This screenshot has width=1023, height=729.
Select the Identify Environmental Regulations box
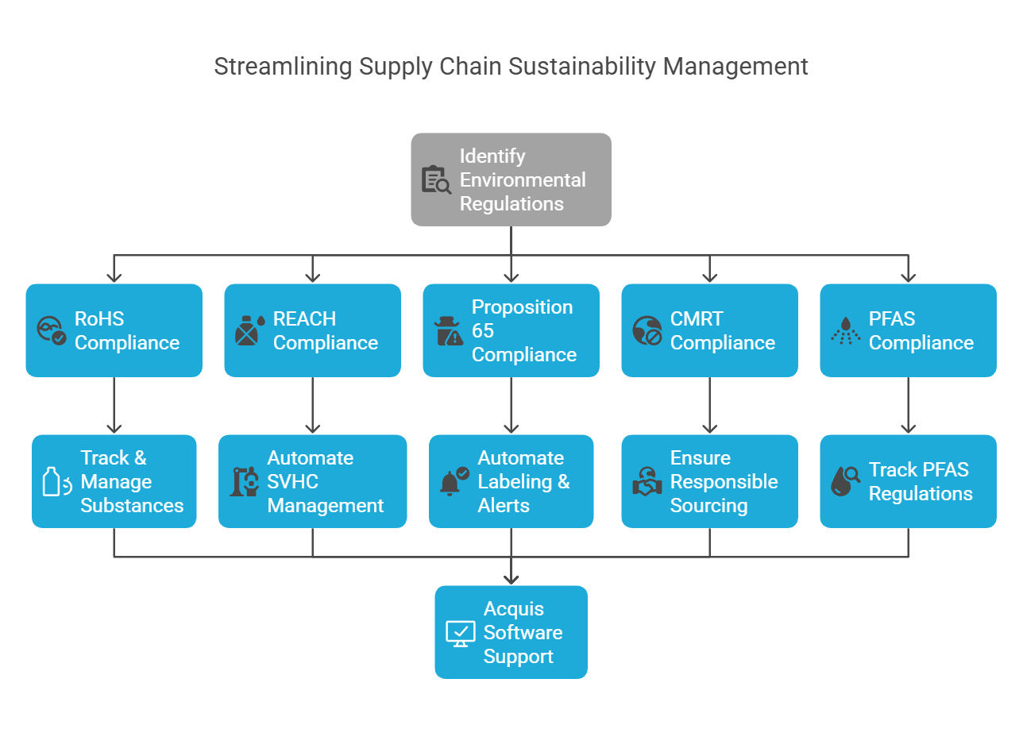[511, 179]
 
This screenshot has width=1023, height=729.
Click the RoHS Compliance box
[114, 330]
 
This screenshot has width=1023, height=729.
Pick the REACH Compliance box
[312, 330]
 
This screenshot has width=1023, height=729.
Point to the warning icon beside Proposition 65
[448, 331]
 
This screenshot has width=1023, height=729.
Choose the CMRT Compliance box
[709, 330]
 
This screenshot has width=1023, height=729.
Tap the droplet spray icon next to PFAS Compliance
[845, 331]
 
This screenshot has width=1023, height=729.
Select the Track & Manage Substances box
[114, 481]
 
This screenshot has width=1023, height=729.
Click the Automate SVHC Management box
[312, 481]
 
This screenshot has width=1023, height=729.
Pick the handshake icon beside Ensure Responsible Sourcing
[647, 482]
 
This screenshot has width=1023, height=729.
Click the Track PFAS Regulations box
[908, 481]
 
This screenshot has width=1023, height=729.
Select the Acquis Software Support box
[511, 632]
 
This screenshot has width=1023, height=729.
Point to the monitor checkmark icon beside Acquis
[460, 633]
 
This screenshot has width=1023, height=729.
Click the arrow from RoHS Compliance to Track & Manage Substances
[114, 405]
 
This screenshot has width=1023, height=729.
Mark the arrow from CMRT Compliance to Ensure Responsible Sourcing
[710, 405]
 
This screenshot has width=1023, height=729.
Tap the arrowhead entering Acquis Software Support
[511, 579]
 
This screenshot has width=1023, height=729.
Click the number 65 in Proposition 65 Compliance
[483, 330]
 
